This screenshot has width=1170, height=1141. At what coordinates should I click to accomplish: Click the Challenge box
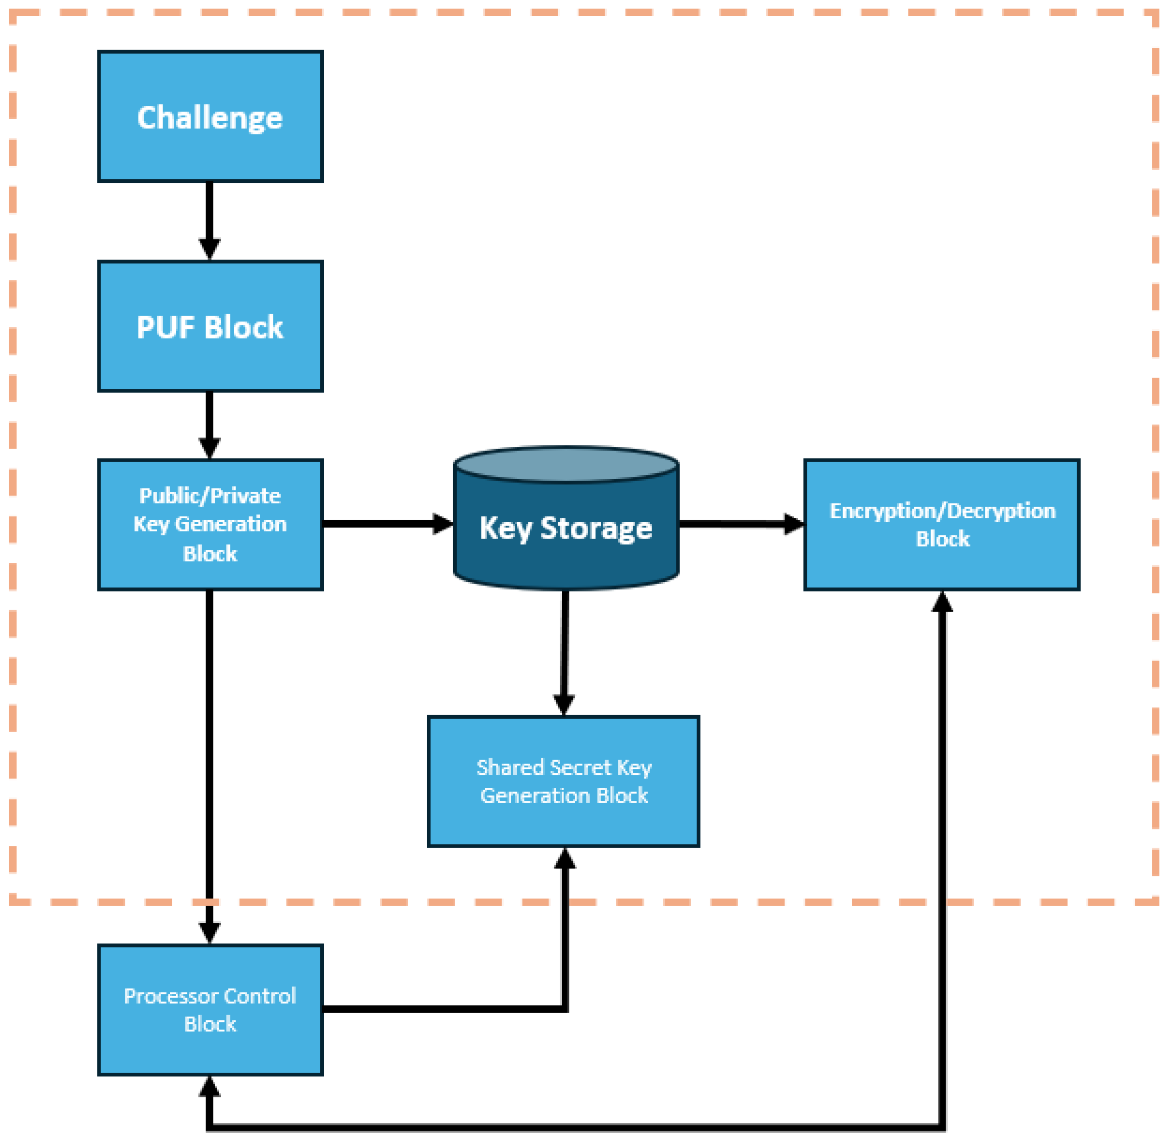click(x=210, y=117)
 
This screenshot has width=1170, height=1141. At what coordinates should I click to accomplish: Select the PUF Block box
click(x=210, y=327)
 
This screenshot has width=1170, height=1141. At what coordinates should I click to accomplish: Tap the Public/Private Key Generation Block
click(x=210, y=525)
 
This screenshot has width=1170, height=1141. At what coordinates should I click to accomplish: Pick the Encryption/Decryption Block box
click(x=942, y=525)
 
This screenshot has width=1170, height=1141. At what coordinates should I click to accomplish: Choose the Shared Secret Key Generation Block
click(x=563, y=781)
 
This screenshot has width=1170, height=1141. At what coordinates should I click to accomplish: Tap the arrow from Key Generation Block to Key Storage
click(x=386, y=524)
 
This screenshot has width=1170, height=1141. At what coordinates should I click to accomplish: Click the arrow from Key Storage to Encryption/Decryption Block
click(x=740, y=524)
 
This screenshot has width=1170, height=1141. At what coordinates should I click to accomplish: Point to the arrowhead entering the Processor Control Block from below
click(x=209, y=1086)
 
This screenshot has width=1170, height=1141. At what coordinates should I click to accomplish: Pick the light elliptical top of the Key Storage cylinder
click(x=566, y=464)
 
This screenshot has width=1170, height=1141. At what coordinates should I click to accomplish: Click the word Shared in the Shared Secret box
click(x=510, y=768)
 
